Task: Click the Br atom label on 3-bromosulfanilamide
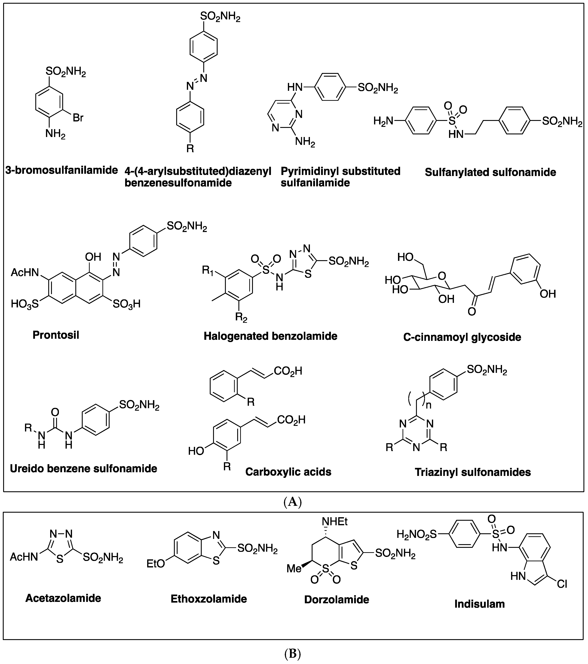[78, 118]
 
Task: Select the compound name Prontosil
[56, 335]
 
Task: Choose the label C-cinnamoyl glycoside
[462, 337]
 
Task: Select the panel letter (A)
[293, 502]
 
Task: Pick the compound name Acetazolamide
[63, 598]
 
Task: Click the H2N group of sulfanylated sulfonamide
[383, 121]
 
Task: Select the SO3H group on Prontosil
[127, 304]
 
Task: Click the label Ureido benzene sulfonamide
[84, 468]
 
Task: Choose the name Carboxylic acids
[288, 472]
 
